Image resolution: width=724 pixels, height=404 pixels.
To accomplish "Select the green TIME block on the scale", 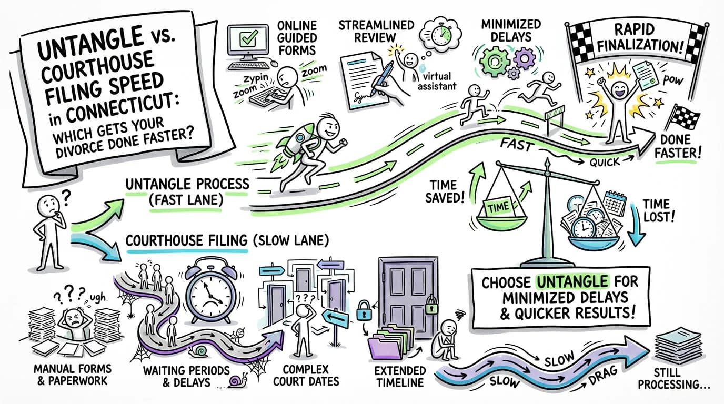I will [498, 207].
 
